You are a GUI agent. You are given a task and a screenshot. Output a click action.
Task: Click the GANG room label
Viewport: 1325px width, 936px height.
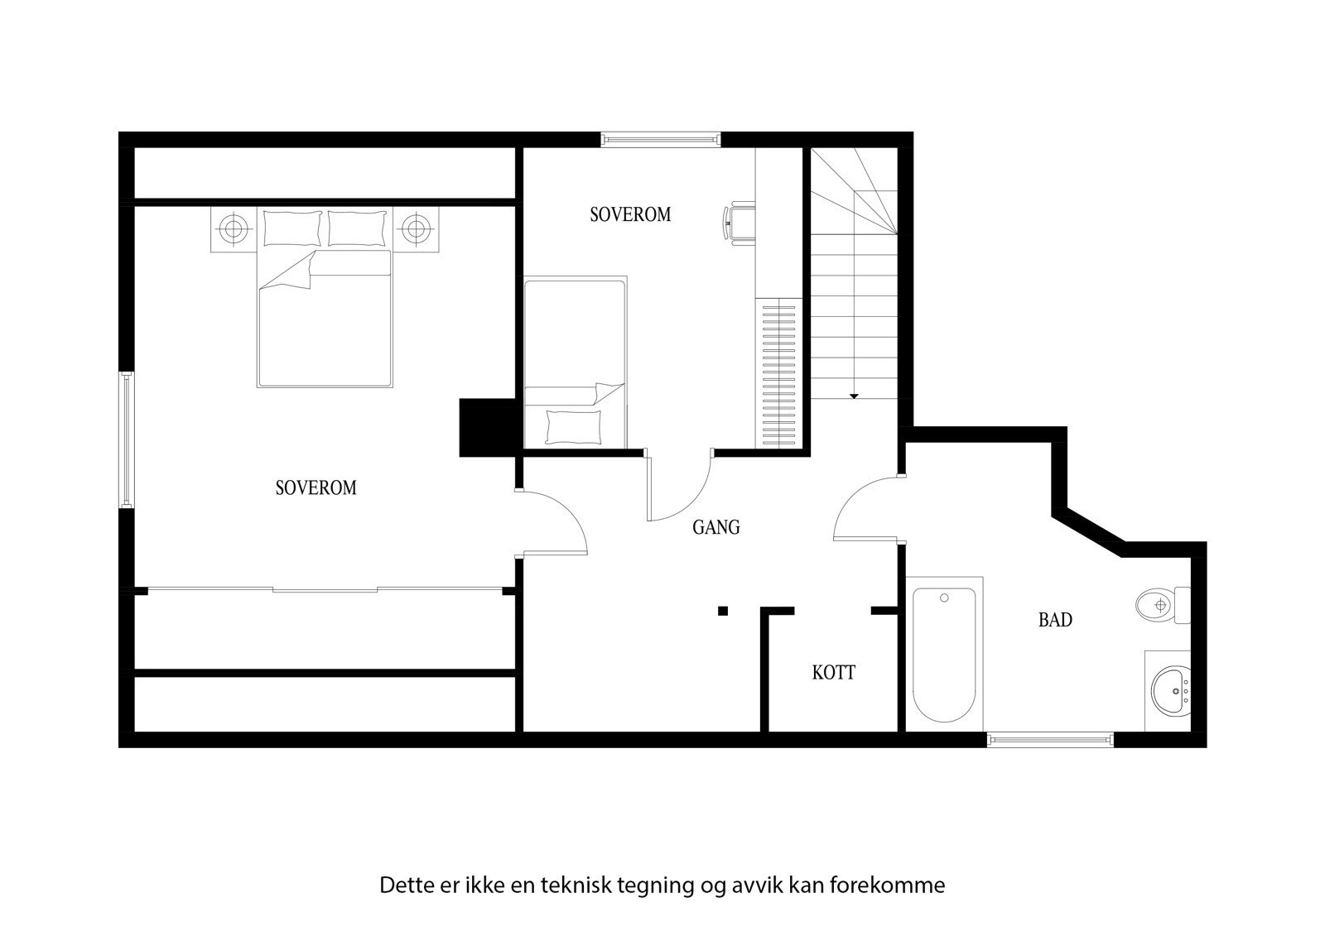tap(715, 527)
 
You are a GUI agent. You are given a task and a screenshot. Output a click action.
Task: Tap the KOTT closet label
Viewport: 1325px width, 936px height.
tap(833, 673)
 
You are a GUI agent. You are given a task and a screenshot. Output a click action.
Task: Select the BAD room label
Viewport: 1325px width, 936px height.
tap(1055, 620)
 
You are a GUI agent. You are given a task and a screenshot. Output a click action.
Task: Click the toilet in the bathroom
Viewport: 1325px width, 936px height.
tap(1159, 606)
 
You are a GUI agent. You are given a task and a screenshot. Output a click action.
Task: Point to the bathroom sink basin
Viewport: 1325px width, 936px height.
tap(1170, 690)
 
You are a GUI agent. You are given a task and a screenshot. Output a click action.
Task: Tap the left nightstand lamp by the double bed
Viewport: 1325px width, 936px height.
tap(234, 226)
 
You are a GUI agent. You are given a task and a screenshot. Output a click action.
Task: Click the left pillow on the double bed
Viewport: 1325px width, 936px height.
tap(291, 228)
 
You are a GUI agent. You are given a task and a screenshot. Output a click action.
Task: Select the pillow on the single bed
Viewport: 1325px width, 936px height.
tap(573, 426)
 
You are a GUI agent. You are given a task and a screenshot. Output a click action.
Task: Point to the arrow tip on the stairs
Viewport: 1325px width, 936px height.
tap(854, 397)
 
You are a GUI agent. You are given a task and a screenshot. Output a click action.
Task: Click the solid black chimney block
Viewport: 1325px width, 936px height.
tap(488, 428)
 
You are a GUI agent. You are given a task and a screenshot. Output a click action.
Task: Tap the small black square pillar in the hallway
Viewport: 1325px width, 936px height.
tap(723, 611)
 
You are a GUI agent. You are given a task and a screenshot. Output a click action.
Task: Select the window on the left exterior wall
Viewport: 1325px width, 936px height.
tap(127, 439)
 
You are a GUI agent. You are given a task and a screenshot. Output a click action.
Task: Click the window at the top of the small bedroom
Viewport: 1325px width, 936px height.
tap(660, 139)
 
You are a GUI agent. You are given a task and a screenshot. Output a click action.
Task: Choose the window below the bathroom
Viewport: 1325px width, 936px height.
tap(1050, 739)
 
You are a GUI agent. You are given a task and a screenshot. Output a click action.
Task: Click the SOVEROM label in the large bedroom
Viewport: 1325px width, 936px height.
tap(316, 488)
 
